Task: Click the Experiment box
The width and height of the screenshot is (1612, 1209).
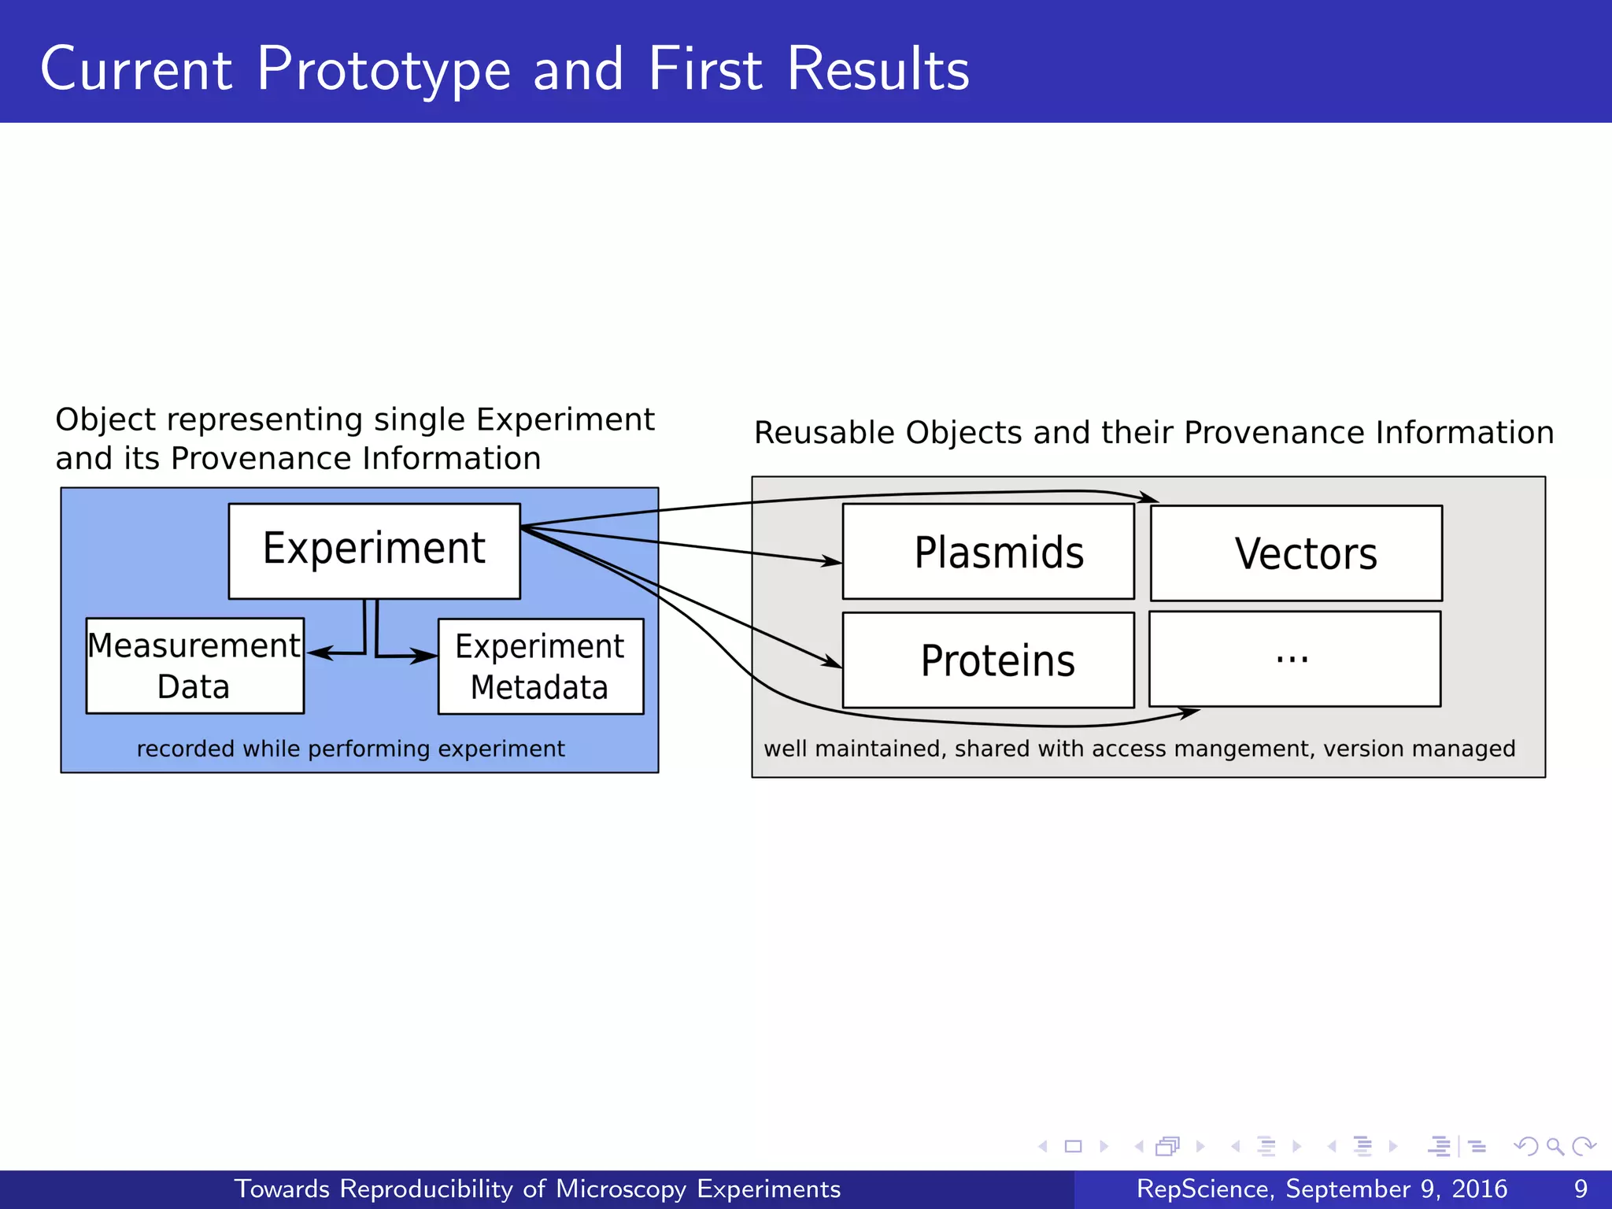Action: pyautogui.click(x=374, y=551)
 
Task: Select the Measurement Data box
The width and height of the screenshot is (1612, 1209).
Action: pyautogui.click(x=194, y=666)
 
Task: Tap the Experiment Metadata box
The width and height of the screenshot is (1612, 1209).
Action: pyautogui.click(x=540, y=667)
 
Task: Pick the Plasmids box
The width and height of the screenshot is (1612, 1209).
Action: pyautogui.click(x=988, y=552)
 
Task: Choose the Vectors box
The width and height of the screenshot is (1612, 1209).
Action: pyautogui.click(x=1296, y=553)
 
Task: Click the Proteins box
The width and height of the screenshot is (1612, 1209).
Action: pyautogui.click(x=988, y=660)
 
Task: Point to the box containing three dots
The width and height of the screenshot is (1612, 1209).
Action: pyautogui.click(x=1295, y=659)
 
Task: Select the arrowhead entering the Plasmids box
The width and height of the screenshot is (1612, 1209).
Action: pyautogui.click(x=832, y=561)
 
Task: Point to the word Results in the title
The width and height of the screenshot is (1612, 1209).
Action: pyautogui.click(x=878, y=69)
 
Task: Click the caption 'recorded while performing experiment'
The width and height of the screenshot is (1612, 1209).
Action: pyautogui.click(x=351, y=749)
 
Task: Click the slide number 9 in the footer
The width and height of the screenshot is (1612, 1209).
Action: pyautogui.click(x=1581, y=1189)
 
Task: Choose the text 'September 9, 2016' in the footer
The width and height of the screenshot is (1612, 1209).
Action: pyautogui.click(x=1396, y=1189)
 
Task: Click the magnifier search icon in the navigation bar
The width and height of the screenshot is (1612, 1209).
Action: pyautogui.click(x=1555, y=1147)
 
